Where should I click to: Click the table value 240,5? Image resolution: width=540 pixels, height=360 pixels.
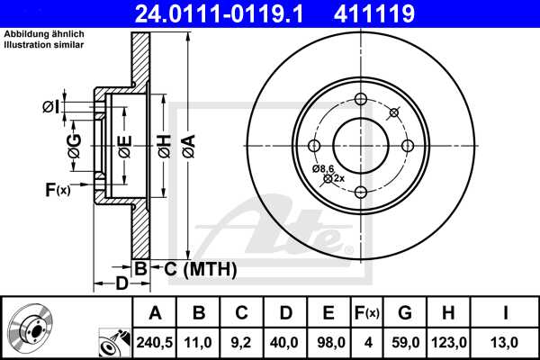156,341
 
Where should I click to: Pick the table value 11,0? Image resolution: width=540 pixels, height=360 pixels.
200,341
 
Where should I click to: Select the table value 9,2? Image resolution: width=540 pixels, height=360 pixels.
243,341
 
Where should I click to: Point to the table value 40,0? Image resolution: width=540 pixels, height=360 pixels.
286,341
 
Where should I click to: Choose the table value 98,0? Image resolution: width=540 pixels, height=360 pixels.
329,341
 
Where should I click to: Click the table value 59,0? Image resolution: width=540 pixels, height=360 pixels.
406,341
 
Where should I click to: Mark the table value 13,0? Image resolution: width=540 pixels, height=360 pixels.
507,341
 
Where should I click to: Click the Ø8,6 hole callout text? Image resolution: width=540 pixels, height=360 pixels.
323,168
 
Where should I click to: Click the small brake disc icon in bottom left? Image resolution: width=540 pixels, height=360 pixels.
29,326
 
